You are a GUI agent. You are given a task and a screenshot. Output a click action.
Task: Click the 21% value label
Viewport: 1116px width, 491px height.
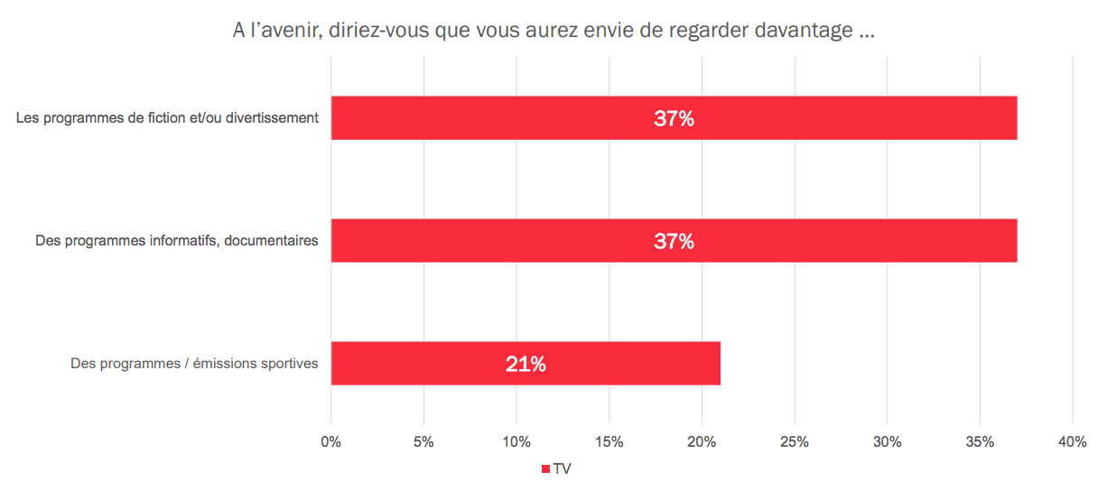pos(525,364)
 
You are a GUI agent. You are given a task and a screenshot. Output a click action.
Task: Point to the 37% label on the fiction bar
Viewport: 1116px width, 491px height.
pos(674,118)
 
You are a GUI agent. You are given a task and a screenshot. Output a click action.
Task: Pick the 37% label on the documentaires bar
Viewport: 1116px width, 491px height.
pos(674,241)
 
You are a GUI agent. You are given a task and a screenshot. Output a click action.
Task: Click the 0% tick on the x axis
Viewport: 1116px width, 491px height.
pos(331,442)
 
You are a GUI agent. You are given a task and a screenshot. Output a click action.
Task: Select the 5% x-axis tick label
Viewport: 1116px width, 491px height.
pos(423,442)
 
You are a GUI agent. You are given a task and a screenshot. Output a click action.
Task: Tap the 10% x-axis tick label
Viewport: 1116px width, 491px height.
pos(516,442)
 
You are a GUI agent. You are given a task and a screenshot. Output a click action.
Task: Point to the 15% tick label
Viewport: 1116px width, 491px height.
pos(609,442)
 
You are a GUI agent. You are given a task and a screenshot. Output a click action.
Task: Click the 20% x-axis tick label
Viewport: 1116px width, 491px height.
pos(702,442)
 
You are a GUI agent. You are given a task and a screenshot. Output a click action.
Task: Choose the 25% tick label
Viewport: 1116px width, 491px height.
pos(794,442)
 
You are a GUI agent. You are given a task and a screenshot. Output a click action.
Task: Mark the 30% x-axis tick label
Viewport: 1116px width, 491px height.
pos(887,442)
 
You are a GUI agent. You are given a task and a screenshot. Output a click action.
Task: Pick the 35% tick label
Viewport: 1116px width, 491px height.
pos(980,442)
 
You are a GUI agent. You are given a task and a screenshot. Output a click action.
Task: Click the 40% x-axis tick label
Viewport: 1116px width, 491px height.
pos(1072,442)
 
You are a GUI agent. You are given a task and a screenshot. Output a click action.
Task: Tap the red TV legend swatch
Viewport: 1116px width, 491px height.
pos(545,469)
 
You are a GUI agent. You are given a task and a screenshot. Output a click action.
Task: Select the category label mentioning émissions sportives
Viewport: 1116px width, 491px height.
pos(194,364)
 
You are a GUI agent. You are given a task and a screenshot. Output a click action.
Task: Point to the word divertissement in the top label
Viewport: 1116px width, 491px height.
pos(273,118)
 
